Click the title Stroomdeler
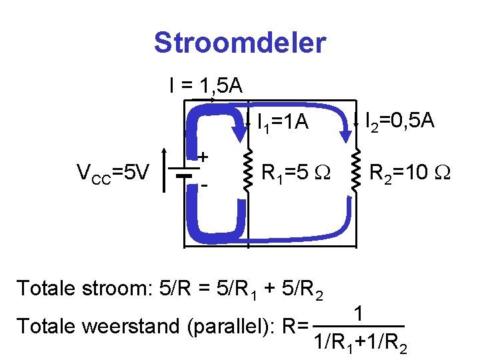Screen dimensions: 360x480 click(239, 43)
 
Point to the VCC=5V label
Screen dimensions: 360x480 click(113, 174)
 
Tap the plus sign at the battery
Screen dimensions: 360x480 click(203, 157)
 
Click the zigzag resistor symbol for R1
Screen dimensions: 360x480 click(247, 173)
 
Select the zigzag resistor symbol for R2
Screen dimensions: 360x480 click(355, 173)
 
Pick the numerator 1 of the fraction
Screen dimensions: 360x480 click(359, 313)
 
